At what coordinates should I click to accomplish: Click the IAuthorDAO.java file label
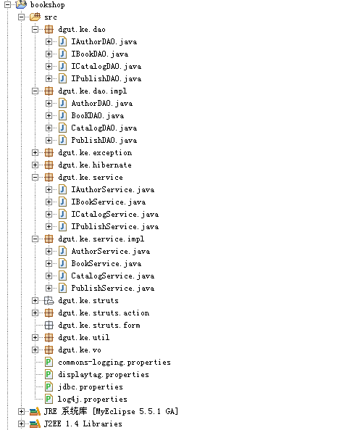tap(104, 41)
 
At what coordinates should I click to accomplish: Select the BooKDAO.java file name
tap(98, 116)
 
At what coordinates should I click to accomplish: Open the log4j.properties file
tap(92, 400)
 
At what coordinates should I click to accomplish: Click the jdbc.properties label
tap(91, 387)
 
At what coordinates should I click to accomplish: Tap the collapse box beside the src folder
tap(22, 17)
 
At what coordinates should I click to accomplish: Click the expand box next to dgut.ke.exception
tap(35, 153)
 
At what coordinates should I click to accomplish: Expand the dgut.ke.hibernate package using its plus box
tap(35, 165)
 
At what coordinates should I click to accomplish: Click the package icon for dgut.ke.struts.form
tap(49, 326)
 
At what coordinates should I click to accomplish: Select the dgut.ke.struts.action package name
tap(104, 313)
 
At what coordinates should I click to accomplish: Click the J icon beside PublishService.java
tap(63, 288)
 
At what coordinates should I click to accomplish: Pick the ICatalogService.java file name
tap(114, 215)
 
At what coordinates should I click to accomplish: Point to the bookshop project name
tap(47, 5)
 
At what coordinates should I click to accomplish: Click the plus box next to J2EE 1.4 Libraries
tap(22, 423)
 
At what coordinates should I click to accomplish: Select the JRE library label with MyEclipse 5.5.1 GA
tap(112, 411)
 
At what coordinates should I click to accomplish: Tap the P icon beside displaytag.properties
tap(49, 374)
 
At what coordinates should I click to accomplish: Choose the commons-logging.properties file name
tap(114, 363)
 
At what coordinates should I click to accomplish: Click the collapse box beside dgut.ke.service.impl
tap(35, 239)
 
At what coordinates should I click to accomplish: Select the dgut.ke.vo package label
tap(80, 350)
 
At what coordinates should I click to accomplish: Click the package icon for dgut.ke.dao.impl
tap(49, 91)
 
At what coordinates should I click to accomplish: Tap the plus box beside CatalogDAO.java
tap(49, 128)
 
